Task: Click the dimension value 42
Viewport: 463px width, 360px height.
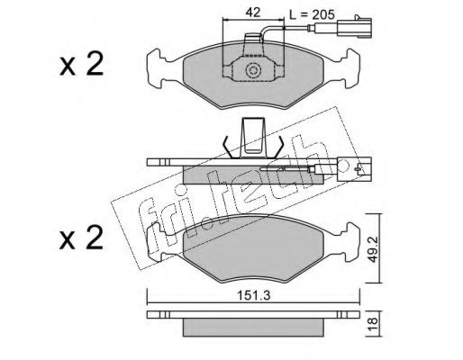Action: tap(253, 13)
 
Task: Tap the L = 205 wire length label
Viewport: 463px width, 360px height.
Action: tap(312, 14)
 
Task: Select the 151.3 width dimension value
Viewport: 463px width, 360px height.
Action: tap(254, 296)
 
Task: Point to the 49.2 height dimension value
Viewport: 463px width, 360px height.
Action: tap(373, 248)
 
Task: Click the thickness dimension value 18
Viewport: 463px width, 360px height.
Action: tap(373, 325)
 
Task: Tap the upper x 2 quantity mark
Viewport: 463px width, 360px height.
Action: tap(81, 64)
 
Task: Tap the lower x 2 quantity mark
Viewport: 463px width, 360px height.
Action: tap(81, 238)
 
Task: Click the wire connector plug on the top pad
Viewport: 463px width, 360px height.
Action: tap(355, 28)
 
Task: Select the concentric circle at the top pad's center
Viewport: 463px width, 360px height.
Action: tap(253, 71)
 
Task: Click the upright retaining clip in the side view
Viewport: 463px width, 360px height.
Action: tap(254, 138)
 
